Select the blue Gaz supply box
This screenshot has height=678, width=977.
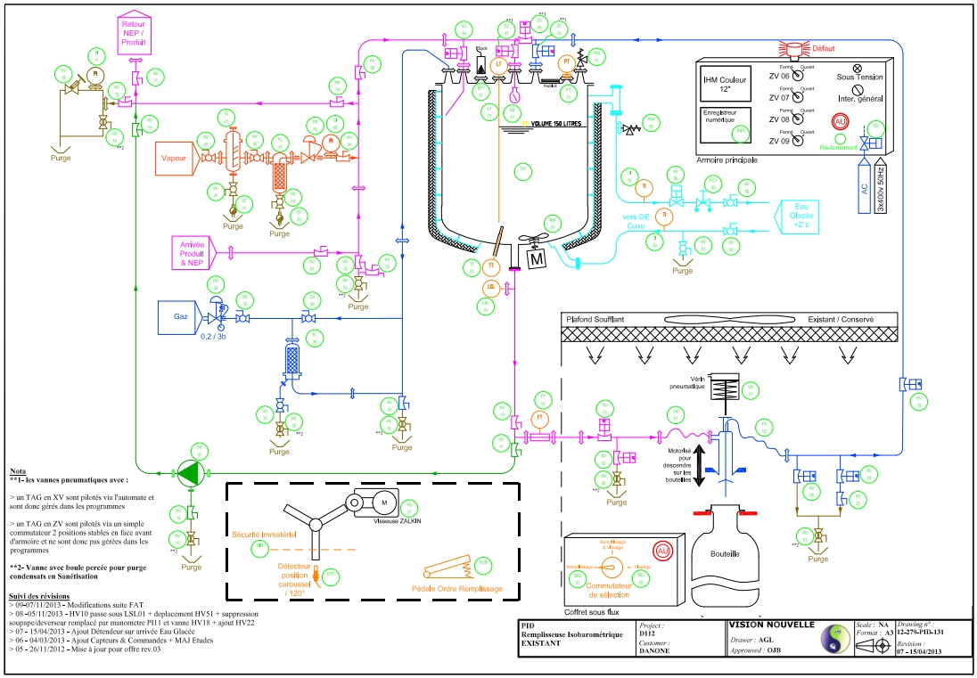pyautogui.click(x=178, y=317)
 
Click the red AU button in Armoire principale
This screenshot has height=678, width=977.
pyautogui.click(x=841, y=121)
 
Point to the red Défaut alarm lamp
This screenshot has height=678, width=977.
pyautogui.click(x=792, y=49)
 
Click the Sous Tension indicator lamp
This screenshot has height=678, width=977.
pyautogui.click(x=858, y=68)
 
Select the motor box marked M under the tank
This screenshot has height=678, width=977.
pyautogui.click(x=537, y=259)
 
